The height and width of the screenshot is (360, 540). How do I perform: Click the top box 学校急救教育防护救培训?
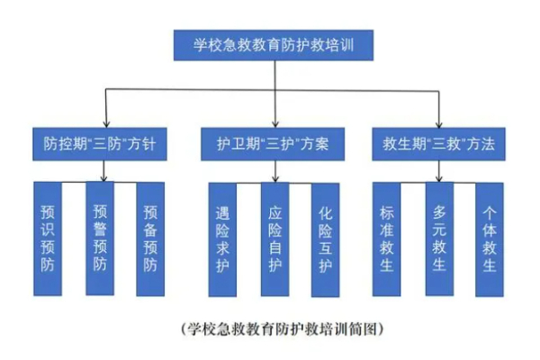(x=271, y=44)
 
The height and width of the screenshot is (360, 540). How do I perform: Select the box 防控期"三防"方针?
(x=106, y=143)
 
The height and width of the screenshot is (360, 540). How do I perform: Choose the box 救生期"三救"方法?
(x=438, y=143)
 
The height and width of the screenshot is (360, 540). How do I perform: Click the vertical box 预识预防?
(x=48, y=238)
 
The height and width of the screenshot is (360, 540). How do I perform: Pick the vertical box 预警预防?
(x=100, y=238)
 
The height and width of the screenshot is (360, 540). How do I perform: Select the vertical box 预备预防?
(x=150, y=238)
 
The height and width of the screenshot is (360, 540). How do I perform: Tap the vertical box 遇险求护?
(x=222, y=238)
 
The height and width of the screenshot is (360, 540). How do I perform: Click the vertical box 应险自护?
(x=274, y=238)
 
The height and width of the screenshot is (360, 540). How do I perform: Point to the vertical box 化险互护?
(x=325, y=238)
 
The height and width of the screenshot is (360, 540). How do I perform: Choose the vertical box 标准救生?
(x=388, y=238)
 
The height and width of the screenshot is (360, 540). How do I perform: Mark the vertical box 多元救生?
(x=439, y=238)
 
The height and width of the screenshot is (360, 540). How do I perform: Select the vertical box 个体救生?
(x=490, y=238)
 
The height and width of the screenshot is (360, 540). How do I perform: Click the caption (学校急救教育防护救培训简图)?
(x=271, y=326)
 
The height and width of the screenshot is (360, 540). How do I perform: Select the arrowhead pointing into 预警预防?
(x=106, y=178)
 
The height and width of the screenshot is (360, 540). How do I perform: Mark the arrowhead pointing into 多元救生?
(x=438, y=178)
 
